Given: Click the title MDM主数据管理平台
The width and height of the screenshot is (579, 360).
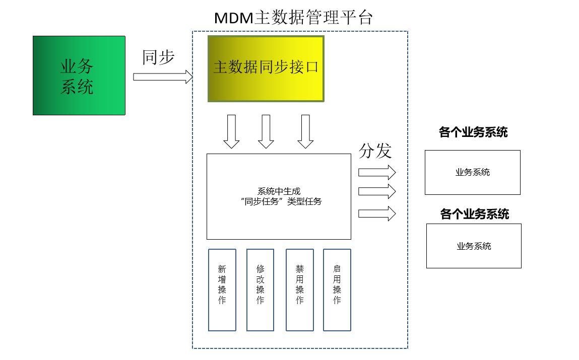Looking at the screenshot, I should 293,18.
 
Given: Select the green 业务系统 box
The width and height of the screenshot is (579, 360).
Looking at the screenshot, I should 79,76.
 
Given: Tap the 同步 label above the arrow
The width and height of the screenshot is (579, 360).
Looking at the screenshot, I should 158,57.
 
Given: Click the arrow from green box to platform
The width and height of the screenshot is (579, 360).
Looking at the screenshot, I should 163,77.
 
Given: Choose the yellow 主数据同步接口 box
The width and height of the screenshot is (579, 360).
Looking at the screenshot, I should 266,68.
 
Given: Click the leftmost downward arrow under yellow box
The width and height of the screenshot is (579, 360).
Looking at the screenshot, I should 231,131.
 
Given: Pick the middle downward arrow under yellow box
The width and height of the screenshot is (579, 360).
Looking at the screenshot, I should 266,131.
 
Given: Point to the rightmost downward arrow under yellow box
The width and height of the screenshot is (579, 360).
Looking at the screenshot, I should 305,131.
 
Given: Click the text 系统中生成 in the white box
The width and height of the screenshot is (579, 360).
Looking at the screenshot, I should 279,191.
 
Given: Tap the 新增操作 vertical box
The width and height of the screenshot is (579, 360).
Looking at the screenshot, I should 222,290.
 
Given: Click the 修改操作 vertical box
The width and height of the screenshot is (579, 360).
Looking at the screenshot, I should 260,290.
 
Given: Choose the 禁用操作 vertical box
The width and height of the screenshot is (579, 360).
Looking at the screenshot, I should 299,290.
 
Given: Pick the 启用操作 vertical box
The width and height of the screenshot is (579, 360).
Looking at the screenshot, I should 337,290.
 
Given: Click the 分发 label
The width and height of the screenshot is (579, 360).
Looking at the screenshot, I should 375,151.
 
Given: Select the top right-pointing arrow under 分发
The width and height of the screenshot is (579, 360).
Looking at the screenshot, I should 377,172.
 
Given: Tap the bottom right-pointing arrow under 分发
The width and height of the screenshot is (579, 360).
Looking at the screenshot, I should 377,213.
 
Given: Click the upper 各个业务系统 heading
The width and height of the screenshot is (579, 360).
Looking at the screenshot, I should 473,132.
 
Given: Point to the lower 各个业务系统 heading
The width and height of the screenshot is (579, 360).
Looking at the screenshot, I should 474,214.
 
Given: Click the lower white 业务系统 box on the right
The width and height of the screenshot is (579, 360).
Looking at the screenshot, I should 474,246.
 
